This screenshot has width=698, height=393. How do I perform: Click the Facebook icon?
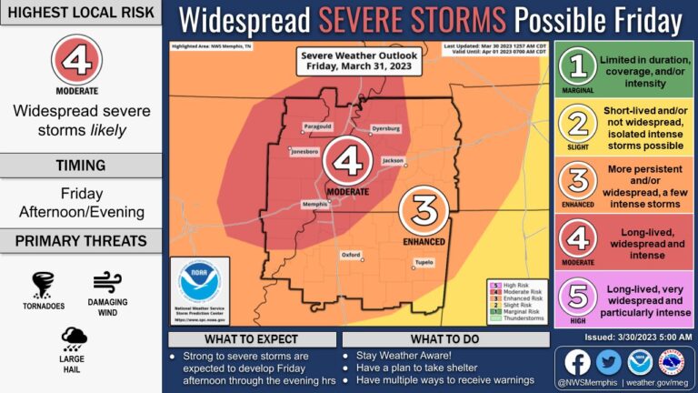tap(577, 362)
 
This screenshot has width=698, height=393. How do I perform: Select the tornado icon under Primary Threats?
tap(44, 285)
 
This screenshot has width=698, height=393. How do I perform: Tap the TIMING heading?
tap(82, 165)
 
